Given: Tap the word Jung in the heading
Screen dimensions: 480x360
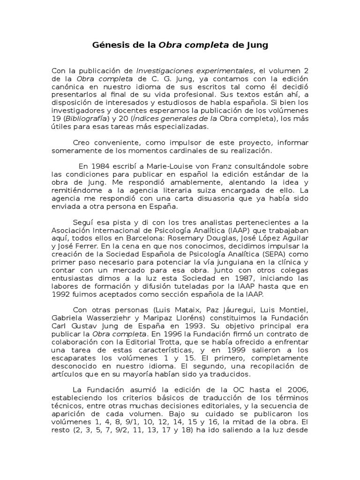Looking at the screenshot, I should pos(257,45).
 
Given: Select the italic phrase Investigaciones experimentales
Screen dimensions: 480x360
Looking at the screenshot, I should pos(195,71).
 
